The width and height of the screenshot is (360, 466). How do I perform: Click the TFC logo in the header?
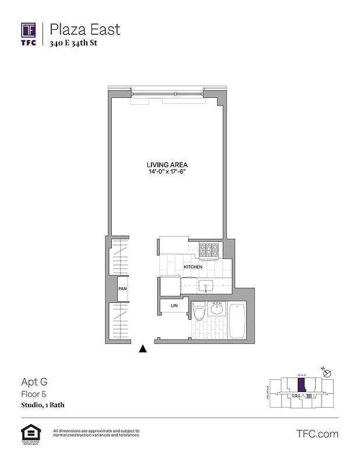(x=29, y=33)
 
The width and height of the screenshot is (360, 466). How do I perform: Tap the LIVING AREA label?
(x=167, y=165)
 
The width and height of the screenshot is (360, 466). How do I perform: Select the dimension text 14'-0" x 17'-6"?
(x=167, y=172)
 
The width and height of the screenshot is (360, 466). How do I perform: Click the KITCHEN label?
(x=193, y=267)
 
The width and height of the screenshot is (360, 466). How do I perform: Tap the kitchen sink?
(x=207, y=285)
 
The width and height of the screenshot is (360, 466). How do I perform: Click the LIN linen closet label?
(x=174, y=305)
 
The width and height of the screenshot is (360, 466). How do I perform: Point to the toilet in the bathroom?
(x=198, y=313)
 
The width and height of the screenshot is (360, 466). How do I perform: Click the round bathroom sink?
(x=217, y=309)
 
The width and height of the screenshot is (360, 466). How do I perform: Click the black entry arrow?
(x=142, y=349)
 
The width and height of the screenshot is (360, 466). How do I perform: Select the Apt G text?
(x=34, y=382)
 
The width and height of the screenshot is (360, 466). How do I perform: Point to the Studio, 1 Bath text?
(x=43, y=404)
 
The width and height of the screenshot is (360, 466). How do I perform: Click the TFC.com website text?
(x=317, y=433)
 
